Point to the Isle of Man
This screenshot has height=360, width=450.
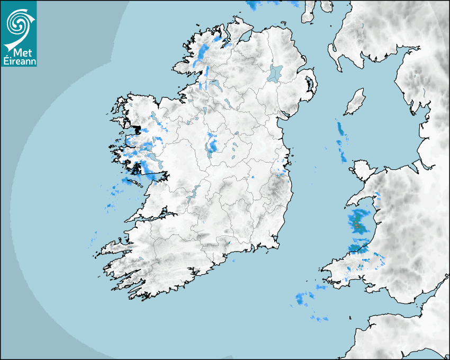[355, 102]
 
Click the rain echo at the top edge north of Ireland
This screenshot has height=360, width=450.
[254, 5]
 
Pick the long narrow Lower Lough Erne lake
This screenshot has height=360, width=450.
[215, 84]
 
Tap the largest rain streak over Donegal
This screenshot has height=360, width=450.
[203, 52]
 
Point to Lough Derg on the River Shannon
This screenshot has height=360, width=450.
[193, 193]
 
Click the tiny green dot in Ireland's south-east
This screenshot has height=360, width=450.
[229, 243]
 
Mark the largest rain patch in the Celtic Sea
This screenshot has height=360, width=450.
[304, 299]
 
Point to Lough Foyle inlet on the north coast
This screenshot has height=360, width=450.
[246, 36]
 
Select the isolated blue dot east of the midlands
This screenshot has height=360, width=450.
[253, 177]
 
